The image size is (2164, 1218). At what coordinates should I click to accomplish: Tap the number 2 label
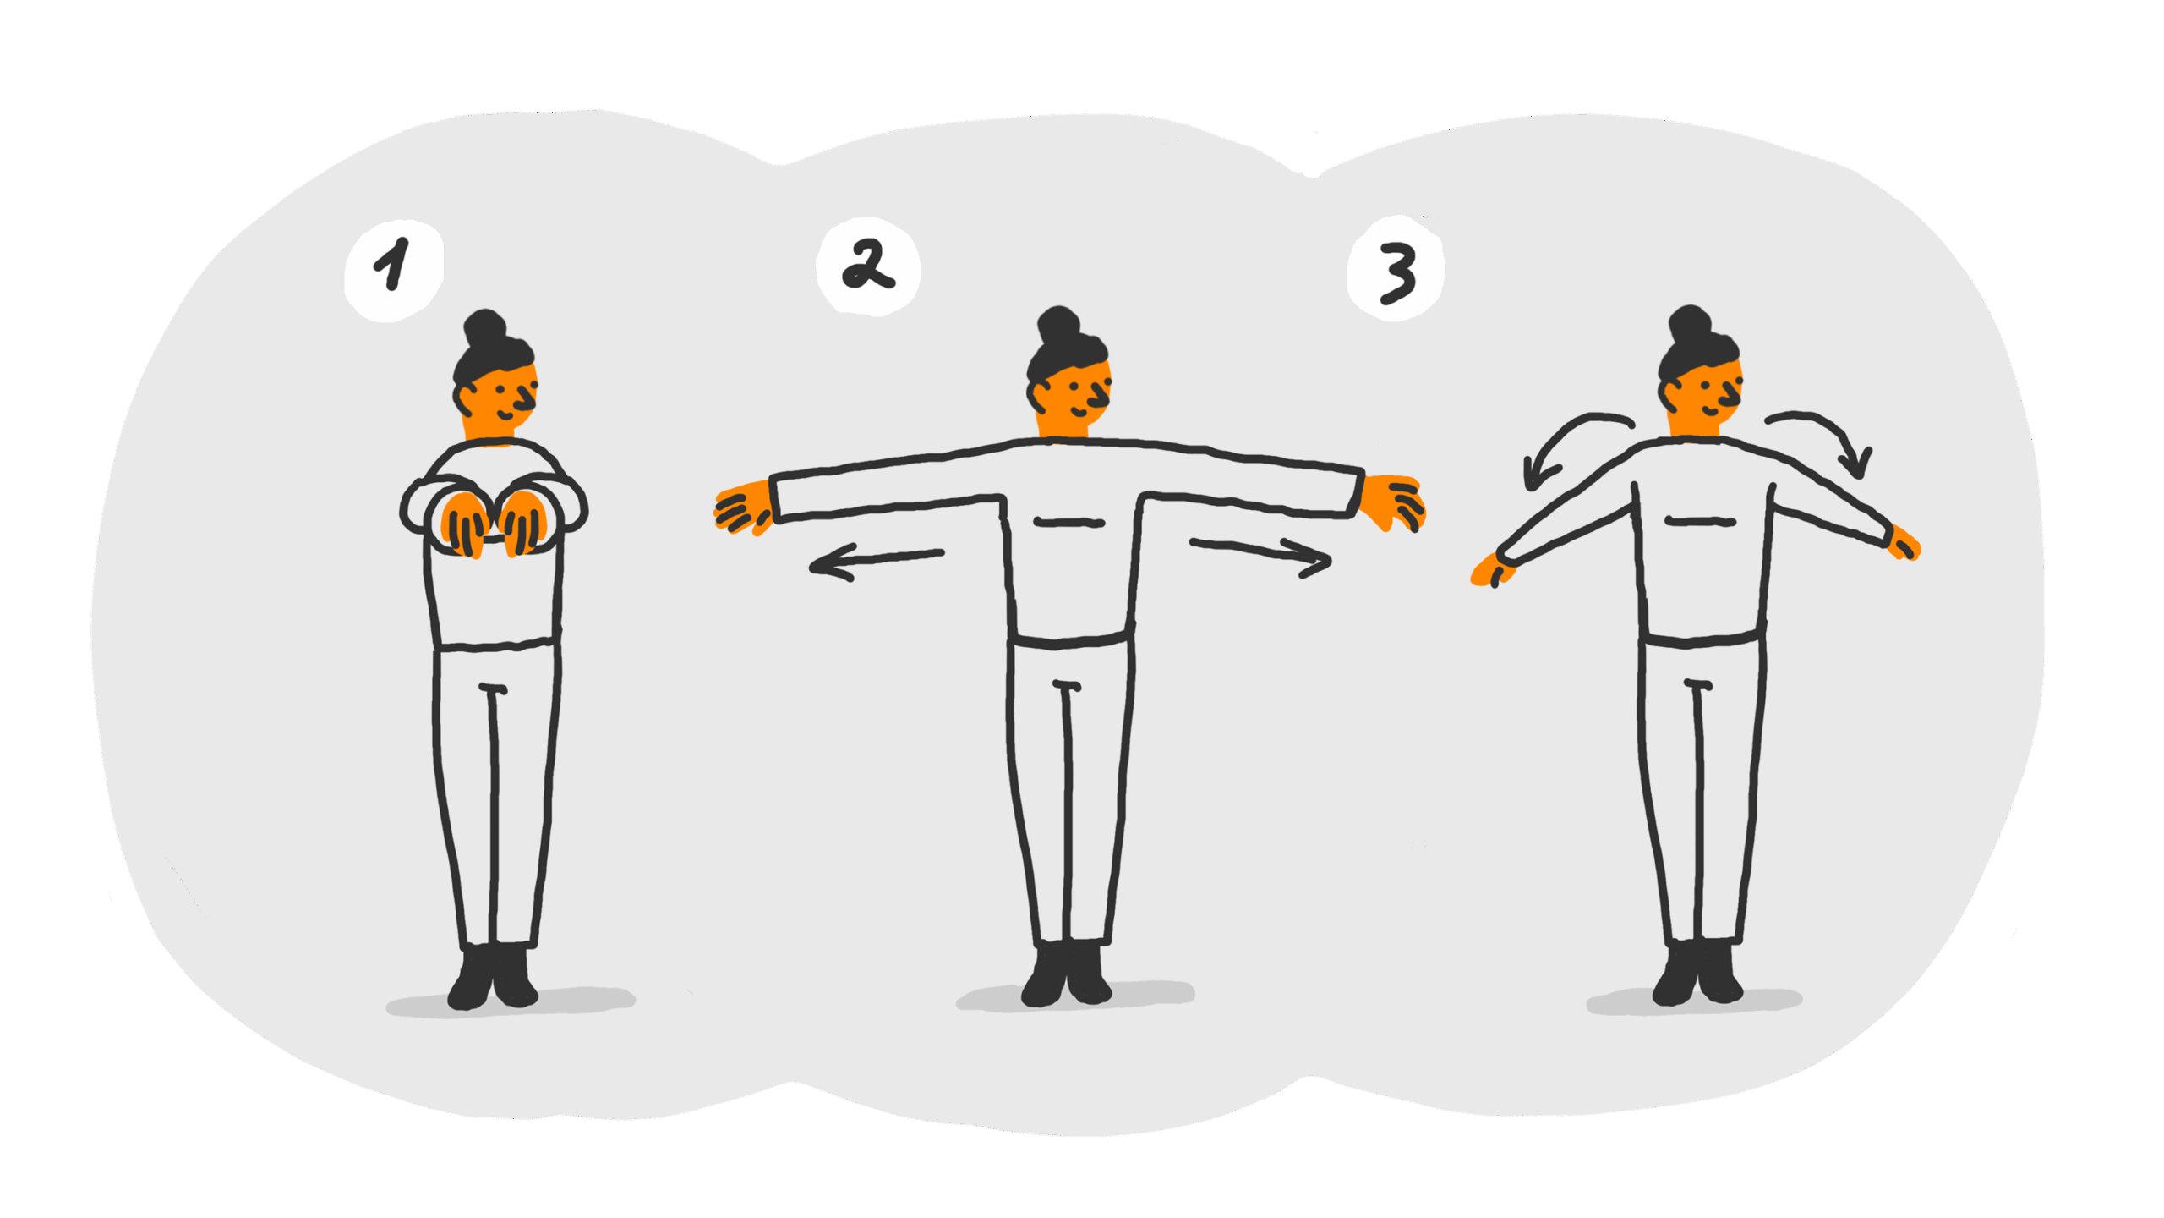[x=866, y=265]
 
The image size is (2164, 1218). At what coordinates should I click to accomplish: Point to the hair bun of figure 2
[x=1058, y=325]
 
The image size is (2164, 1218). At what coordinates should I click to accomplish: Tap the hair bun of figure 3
[x=1689, y=325]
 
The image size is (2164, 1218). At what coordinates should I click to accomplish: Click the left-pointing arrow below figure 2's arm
[x=876, y=562]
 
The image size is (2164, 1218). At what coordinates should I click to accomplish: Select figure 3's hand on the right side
[x=1905, y=544]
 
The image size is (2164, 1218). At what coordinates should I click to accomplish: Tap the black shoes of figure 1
[x=492, y=977]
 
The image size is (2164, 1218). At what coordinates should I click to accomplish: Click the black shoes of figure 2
[x=1066, y=973]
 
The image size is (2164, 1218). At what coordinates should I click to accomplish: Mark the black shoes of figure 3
[x=1697, y=973]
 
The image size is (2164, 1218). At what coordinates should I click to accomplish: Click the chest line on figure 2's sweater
[x=1068, y=523]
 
